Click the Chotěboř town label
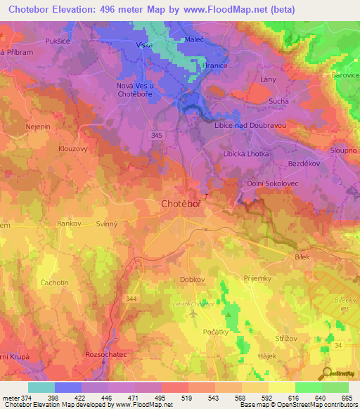pyautogui.click(x=174, y=204)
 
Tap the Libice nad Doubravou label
pyautogui.click(x=249, y=125)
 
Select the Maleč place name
pyautogui.click(x=194, y=41)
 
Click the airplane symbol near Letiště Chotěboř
pyautogui.click(x=193, y=314)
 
